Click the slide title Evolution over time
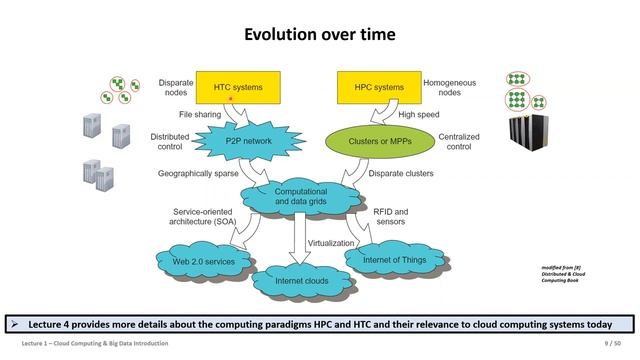[320, 35]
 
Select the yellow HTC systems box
[237, 88]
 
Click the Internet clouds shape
[303, 281]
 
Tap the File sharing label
[199, 114]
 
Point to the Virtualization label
[333, 243]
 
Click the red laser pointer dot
[231, 100]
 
